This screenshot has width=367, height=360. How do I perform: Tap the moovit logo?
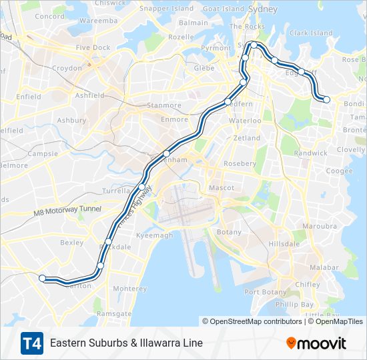(316, 343)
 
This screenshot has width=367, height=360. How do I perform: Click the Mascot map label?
(222, 188)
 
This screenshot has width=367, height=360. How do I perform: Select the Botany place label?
(230, 232)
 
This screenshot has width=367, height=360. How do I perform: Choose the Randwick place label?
(311, 153)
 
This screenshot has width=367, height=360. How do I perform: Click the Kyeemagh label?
(155, 236)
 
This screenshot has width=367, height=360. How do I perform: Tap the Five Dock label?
(93, 48)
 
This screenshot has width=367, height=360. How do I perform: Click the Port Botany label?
(266, 292)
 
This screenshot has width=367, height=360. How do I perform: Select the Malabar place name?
(325, 267)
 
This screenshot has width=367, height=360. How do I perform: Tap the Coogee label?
(340, 171)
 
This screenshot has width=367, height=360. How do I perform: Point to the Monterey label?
(129, 289)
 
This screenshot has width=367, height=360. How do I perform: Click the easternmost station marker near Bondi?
(327, 100)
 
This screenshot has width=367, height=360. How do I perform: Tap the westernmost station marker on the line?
(42, 278)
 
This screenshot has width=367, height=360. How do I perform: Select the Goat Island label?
(224, 9)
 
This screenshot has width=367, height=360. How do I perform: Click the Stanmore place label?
(164, 105)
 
